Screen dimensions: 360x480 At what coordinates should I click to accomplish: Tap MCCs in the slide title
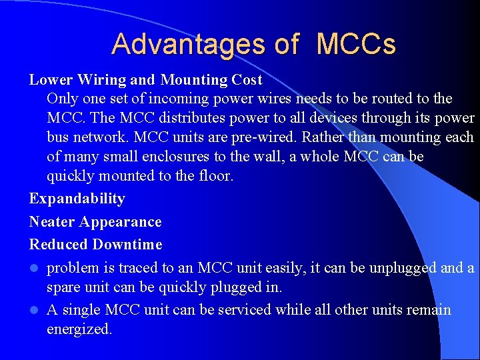[x=356, y=44]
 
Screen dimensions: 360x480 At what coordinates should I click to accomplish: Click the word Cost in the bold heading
[x=247, y=80]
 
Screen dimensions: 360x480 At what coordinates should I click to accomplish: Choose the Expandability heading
[x=77, y=199]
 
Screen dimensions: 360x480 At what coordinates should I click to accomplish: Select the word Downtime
[x=127, y=245]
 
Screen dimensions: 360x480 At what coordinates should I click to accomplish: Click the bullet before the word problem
[x=33, y=269]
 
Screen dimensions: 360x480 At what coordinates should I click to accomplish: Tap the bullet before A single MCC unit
[x=33, y=311]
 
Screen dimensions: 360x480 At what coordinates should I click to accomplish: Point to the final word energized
[x=79, y=329]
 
